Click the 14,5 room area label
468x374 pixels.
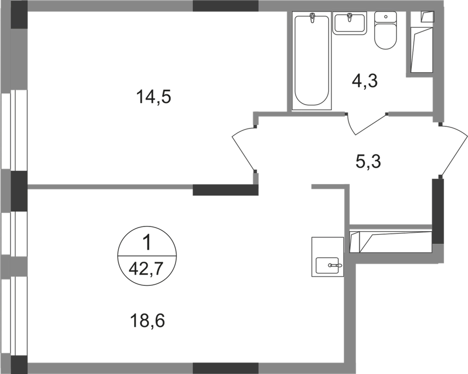tap(153, 97)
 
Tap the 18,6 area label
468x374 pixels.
tap(148, 321)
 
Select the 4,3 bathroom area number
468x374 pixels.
tap(364, 80)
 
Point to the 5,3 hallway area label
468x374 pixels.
tap(368, 162)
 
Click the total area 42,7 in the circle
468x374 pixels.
tap(146, 270)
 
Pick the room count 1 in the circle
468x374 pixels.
tap(147, 243)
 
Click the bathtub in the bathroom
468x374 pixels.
tap(312, 60)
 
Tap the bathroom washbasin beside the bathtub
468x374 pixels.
tap(349, 23)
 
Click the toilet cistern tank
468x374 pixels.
tap(385, 17)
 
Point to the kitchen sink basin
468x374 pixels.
tap(327, 265)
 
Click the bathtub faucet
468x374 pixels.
tap(312, 18)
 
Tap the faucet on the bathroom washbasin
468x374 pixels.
tap(349, 18)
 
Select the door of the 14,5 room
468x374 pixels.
tap(243, 149)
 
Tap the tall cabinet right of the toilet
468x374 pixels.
tap(422, 42)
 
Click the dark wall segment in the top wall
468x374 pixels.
tap(225, 6)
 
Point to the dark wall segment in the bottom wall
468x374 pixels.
tap(225, 368)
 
